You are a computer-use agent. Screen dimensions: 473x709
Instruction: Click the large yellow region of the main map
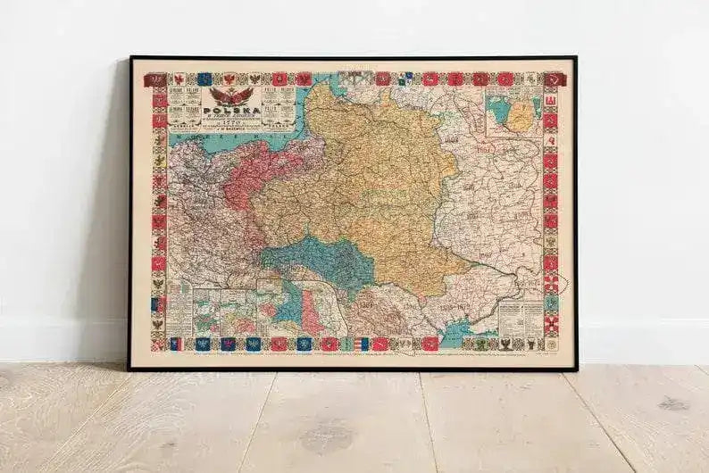pos(366,178)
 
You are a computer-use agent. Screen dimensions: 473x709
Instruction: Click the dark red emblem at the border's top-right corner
pos(555,79)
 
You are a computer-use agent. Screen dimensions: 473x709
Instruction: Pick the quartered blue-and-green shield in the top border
pos(406,79)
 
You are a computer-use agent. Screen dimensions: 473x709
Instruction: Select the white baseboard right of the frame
pos(643,340)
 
